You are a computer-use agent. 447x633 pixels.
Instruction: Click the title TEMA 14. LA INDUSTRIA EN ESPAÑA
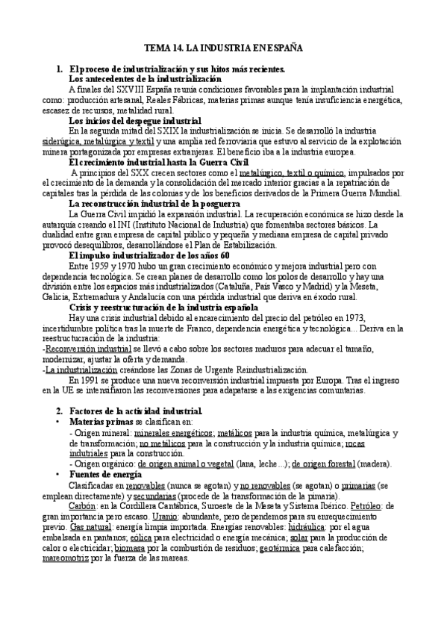point(223,46)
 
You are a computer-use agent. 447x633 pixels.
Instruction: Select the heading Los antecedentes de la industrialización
point(145,78)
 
